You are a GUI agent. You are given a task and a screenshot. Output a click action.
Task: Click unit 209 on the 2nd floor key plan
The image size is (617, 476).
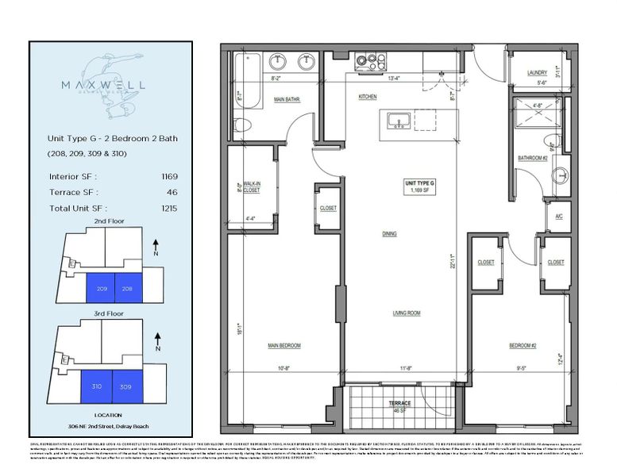tap(100, 288)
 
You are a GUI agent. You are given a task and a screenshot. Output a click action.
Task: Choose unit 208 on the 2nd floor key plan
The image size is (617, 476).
tap(127, 288)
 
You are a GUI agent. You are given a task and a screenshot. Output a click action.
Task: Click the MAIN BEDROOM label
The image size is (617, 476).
tap(283, 345)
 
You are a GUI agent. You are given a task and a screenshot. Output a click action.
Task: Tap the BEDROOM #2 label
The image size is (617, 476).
tap(523, 345)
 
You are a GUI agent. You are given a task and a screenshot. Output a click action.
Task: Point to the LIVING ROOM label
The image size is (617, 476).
tap(406, 313)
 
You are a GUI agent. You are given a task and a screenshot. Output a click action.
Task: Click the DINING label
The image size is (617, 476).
tap(388, 234)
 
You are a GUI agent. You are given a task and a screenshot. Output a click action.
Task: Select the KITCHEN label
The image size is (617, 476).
tap(367, 97)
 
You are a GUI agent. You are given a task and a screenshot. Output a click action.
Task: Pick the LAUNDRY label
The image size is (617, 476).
tap(538, 73)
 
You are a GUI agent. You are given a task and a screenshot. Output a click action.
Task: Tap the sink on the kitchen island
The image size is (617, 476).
tap(397, 120)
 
